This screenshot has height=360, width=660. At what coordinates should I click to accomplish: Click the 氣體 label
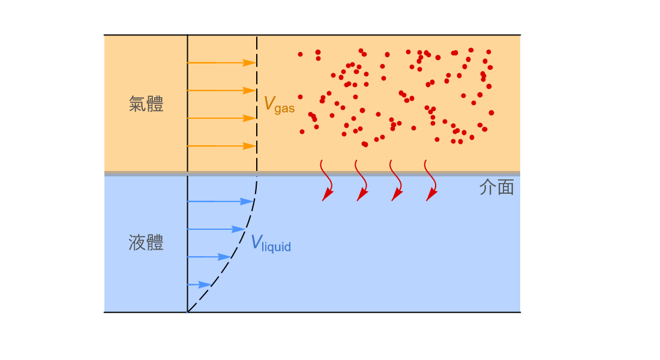146,104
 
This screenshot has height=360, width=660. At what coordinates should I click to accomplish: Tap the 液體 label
146,243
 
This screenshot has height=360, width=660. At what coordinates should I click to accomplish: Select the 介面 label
497,187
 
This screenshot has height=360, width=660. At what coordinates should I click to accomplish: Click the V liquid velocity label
271,244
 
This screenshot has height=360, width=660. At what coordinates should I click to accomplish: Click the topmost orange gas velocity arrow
222,63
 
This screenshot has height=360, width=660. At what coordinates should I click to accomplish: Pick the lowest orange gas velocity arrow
222,146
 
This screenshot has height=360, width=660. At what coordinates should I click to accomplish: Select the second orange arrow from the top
222,91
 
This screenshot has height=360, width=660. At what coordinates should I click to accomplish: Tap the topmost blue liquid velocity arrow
220,202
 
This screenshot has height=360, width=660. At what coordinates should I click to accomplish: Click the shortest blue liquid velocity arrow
199,284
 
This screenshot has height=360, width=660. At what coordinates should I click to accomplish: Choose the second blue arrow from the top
217,229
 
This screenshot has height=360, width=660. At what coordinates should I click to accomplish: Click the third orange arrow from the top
222,118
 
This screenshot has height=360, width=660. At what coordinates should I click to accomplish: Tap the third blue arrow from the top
209,257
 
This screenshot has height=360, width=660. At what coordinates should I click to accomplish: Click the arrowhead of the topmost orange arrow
250,63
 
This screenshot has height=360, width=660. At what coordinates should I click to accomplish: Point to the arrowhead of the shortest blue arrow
205,284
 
